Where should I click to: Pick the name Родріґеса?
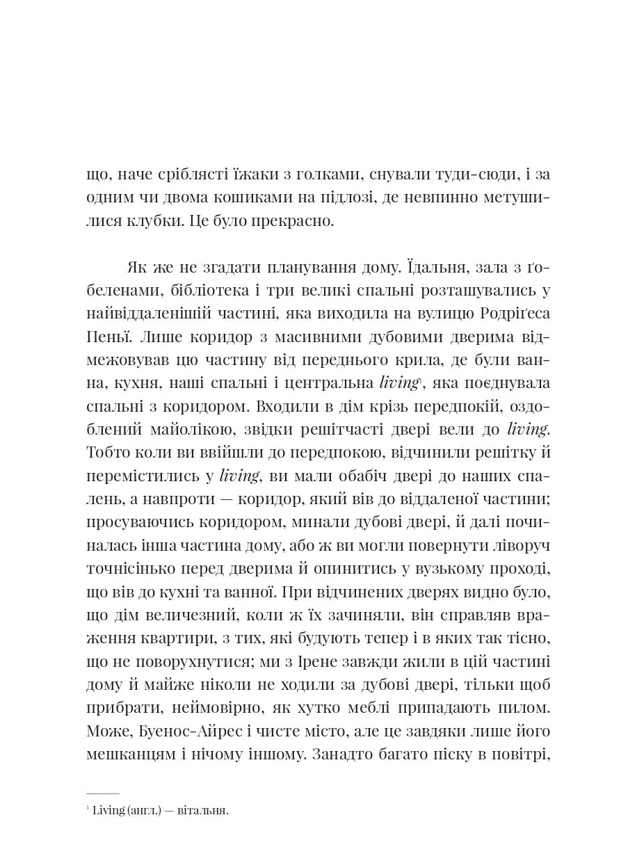(513, 314)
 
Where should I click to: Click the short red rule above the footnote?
(103, 793)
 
